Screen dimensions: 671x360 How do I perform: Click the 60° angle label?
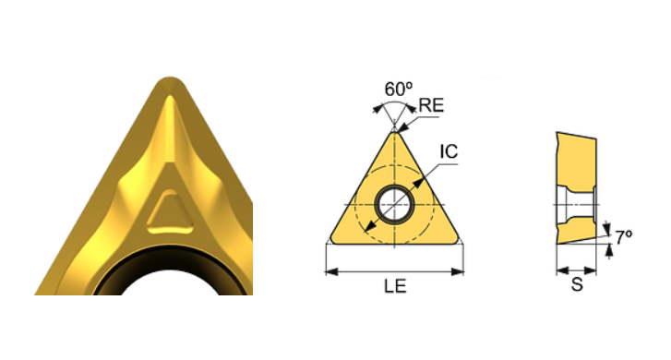tap(399, 89)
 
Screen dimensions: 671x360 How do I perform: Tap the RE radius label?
tap(431, 105)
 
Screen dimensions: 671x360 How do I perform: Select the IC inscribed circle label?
tap(449, 151)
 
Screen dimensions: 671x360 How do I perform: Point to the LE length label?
tap(395, 286)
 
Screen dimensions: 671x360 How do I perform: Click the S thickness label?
tap(577, 284)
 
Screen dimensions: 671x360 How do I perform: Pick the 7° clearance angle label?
tap(624, 236)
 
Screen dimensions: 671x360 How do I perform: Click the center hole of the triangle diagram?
tap(394, 205)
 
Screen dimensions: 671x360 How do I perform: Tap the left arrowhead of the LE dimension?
tap(331, 271)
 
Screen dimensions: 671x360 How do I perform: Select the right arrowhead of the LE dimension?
tap(458, 271)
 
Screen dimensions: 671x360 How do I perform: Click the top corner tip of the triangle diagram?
tap(394, 132)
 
